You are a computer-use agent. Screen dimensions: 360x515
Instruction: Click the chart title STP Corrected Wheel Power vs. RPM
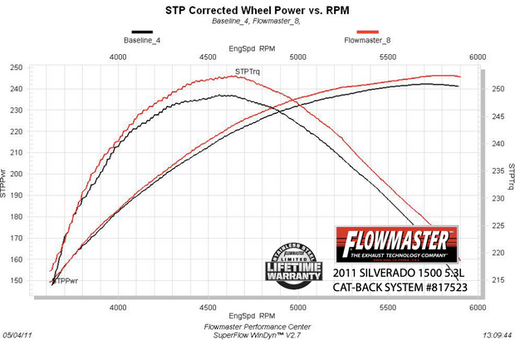pyautogui.click(x=257, y=11)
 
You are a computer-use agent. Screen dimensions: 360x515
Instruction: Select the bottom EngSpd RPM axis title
pyautogui.click(x=254, y=317)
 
